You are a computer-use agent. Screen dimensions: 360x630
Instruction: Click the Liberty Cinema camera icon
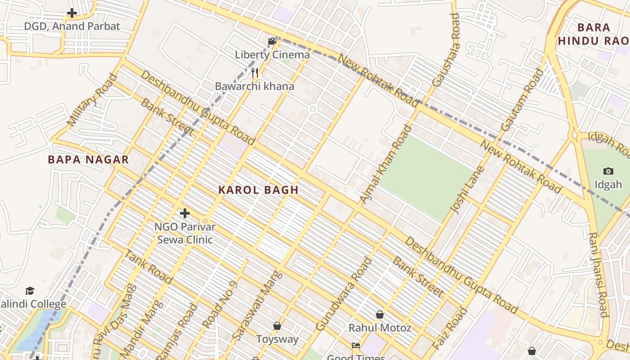click(x=272, y=41)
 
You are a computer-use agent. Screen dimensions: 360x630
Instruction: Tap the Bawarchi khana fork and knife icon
click(x=255, y=72)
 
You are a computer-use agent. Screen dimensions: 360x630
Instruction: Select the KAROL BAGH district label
click(x=259, y=190)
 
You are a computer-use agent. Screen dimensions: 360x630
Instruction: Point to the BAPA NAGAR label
click(x=88, y=159)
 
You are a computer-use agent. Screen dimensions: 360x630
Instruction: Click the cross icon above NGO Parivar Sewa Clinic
click(x=184, y=213)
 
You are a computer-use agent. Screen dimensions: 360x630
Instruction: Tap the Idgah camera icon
click(x=608, y=171)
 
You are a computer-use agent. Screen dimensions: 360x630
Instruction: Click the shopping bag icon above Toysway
click(x=277, y=325)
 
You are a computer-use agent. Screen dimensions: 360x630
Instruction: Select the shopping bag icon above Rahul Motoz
click(x=380, y=314)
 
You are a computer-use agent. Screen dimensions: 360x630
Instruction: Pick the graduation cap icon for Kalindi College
click(x=30, y=291)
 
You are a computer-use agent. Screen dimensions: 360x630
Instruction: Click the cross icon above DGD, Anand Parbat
click(x=72, y=13)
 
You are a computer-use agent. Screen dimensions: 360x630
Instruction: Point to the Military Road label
click(x=92, y=100)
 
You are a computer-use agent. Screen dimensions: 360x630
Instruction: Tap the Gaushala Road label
click(x=446, y=49)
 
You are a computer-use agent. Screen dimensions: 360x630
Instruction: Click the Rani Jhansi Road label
click(x=599, y=274)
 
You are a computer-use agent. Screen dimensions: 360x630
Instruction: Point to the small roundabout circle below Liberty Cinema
click(x=312, y=109)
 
